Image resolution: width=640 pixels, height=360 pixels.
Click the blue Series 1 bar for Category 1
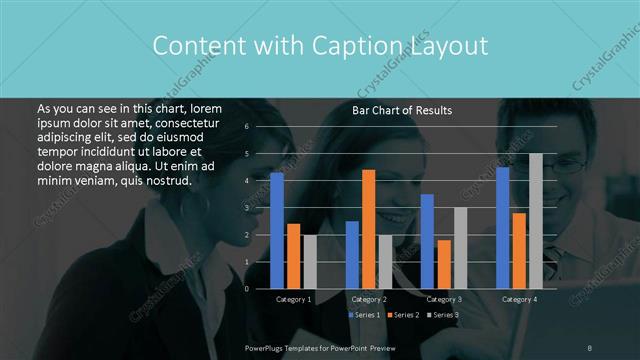(x=277, y=230)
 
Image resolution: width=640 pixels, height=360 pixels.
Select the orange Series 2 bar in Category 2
(x=368, y=229)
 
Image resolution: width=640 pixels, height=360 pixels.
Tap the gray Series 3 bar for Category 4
(x=536, y=221)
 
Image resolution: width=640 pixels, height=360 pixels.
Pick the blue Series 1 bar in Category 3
(x=427, y=241)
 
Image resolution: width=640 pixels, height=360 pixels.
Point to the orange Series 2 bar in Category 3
(x=444, y=264)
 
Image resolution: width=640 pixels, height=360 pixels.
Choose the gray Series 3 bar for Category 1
(x=310, y=261)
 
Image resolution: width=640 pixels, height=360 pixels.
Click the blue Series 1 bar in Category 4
(x=503, y=227)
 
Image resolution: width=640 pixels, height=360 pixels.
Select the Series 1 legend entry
(x=364, y=315)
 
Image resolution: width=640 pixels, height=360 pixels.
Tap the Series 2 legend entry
(x=403, y=315)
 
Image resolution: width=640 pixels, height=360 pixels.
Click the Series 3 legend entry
(x=442, y=315)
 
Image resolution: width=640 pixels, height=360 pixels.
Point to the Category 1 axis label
(x=294, y=299)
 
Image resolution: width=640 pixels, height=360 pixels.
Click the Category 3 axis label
(x=444, y=299)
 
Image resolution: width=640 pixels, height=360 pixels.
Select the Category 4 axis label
(x=519, y=299)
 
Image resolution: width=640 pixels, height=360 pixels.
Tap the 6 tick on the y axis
(x=246, y=126)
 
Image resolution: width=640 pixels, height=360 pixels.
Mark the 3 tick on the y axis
(x=246, y=207)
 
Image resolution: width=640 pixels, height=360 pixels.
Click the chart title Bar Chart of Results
(x=402, y=110)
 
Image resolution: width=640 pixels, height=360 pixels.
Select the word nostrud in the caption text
(x=164, y=180)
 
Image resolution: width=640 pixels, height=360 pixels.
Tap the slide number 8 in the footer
(x=590, y=346)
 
